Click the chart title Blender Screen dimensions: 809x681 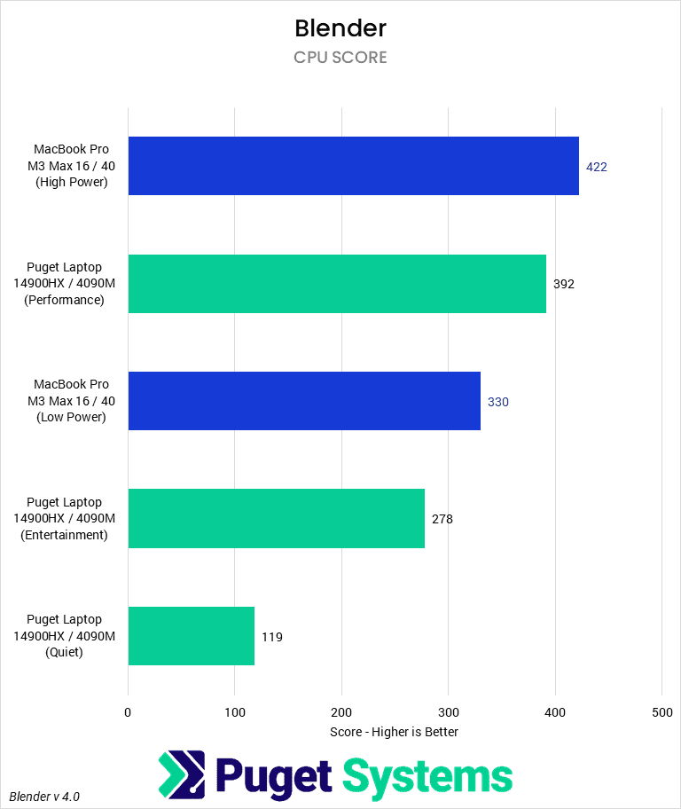[x=340, y=28]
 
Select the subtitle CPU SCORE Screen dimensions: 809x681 [x=340, y=58]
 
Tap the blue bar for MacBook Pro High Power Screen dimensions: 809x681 [x=353, y=166]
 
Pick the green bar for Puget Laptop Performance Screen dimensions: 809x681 [x=337, y=284]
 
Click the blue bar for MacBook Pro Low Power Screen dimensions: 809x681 [x=304, y=401]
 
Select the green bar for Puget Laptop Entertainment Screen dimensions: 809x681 [x=276, y=518]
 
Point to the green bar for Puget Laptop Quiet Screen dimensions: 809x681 [x=191, y=636]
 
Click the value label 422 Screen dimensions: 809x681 [x=597, y=167]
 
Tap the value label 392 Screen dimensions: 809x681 [x=564, y=285]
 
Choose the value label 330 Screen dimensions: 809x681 [x=498, y=402]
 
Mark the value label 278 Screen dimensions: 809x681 [x=442, y=519]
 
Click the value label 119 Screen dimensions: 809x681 [x=272, y=637]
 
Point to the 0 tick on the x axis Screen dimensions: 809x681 [x=129, y=712]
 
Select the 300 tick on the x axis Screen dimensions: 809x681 [x=449, y=712]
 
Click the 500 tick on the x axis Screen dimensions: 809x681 [x=661, y=712]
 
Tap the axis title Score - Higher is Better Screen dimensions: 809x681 [x=394, y=732]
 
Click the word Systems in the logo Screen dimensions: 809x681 [x=427, y=776]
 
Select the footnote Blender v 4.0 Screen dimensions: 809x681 [x=44, y=797]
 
